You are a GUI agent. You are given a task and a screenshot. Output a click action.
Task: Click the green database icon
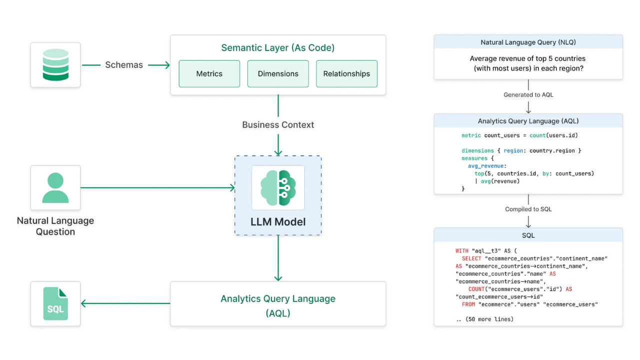[x=55, y=65]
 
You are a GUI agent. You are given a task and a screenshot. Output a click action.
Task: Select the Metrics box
[x=209, y=73]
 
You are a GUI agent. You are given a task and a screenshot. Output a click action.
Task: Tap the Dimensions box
[x=278, y=73]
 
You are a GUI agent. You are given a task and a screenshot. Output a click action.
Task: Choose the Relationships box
[x=346, y=73]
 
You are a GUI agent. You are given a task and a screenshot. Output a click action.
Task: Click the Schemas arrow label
[x=124, y=65]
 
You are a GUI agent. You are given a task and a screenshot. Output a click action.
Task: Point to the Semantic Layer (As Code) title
[x=278, y=48]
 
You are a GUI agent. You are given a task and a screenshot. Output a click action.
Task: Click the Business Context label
[x=278, y=125]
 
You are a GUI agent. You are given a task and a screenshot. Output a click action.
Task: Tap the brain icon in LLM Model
[x=278, y=188]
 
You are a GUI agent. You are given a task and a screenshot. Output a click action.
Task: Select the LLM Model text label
[x=278, y=222]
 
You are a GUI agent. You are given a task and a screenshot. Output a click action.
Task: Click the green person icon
[x=55, y=188]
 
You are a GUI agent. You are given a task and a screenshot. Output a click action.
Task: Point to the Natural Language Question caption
[x=55, y=226]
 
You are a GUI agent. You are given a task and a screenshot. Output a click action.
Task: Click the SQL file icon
[x=55, y=303]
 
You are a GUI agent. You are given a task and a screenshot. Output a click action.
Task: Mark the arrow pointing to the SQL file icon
[x=125, y=303]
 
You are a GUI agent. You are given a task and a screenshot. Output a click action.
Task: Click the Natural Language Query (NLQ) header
[x=528, y=42]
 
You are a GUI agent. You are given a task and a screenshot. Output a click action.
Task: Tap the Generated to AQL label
[x=528, y=94]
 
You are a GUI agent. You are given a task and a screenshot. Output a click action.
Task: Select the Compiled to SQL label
[x=528, y=209]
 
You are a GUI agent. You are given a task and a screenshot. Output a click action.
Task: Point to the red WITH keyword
[x=461, y=251]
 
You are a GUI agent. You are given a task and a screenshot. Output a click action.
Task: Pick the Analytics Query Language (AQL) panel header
[x=528, y=121]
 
